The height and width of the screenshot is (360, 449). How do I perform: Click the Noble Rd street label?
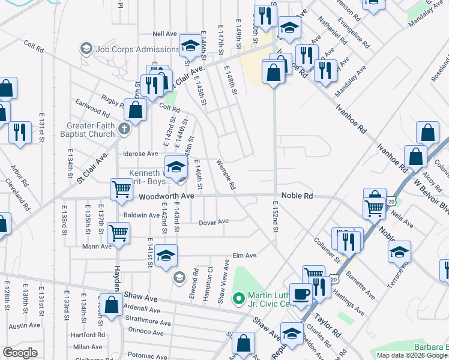pos(300,196)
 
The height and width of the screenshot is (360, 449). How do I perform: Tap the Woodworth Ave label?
pos(166,196)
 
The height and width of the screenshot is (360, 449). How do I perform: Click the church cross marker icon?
pos(124,128)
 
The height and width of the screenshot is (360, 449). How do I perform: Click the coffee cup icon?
pos(300,293)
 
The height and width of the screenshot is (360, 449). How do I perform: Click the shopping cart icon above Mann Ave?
pos(119,232)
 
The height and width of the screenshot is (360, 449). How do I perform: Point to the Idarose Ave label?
pos(140,154)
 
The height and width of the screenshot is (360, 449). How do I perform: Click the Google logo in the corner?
pos(20,353)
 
